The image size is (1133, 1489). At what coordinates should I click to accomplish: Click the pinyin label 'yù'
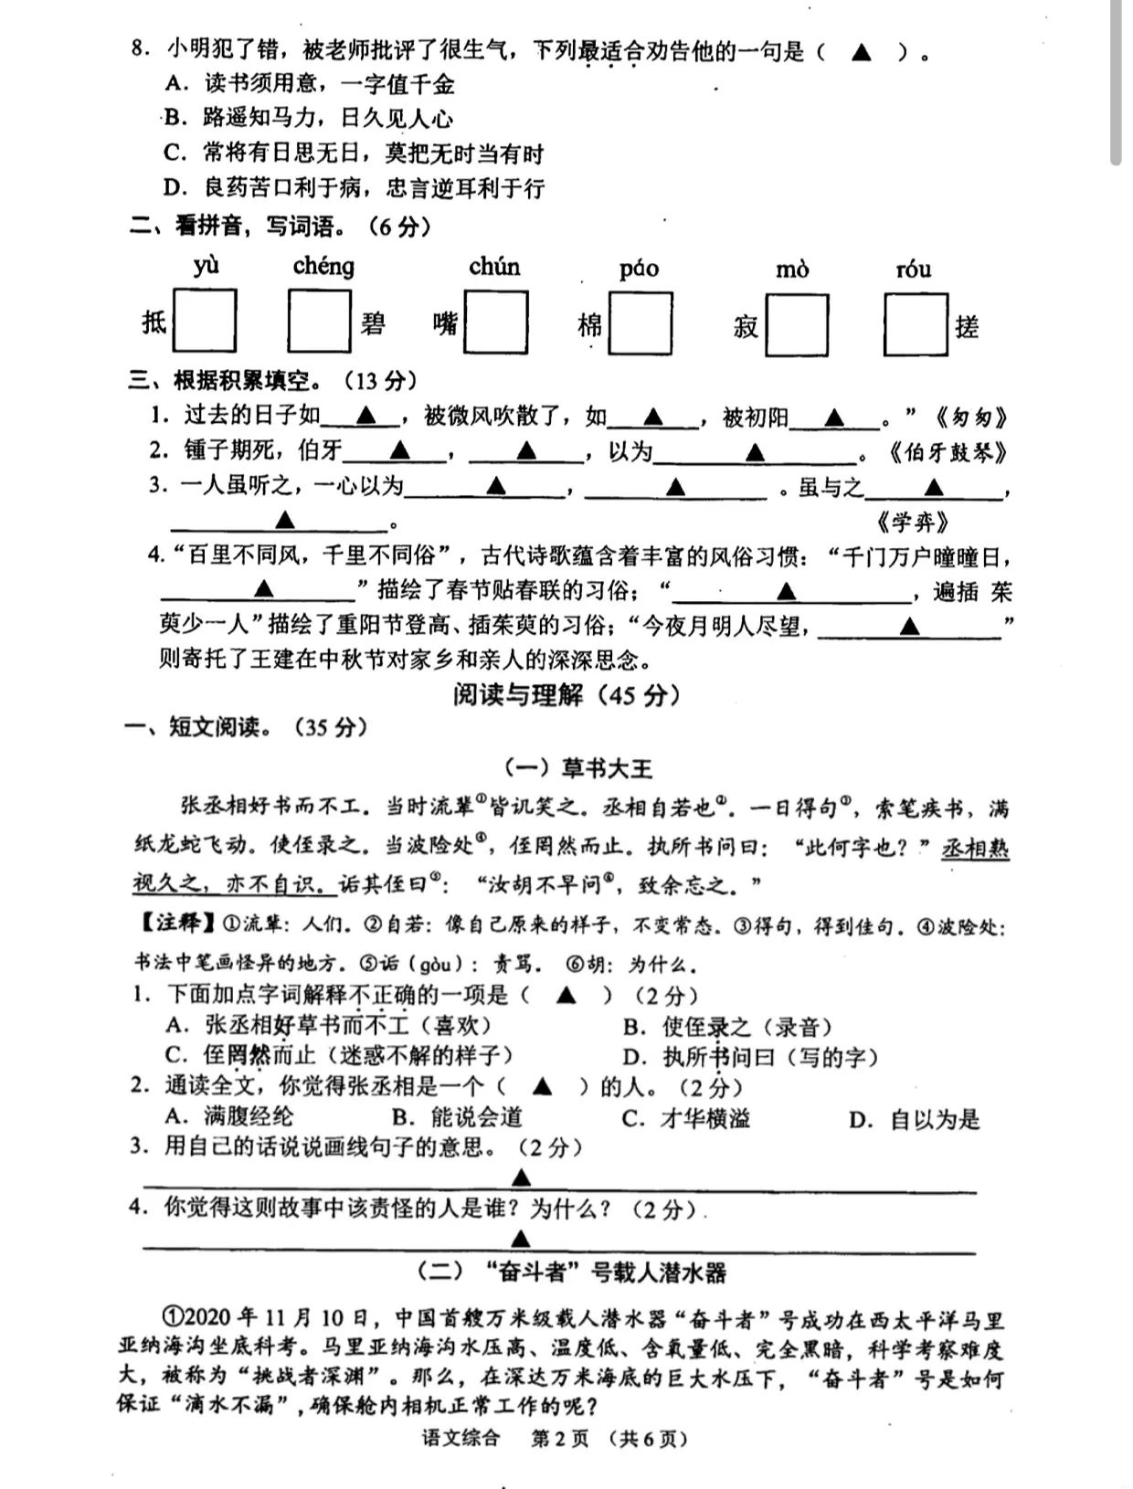click(206, 266)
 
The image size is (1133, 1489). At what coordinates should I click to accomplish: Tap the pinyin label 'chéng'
click(323, 267)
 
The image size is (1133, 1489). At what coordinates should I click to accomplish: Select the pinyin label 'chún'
click(494, 267)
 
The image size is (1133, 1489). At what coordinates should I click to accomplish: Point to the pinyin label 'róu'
click(914, 269)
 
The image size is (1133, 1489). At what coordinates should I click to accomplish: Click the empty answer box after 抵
click(205, 321)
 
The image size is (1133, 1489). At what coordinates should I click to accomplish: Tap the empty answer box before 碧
click(319, 321)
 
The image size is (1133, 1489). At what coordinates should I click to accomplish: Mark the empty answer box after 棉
click(641, 323)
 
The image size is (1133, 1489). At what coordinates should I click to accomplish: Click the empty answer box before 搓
click(916, 323)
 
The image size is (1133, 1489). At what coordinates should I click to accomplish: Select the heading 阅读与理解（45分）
click(566, 695)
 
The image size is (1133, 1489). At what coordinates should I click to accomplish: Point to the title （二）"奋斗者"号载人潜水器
click(572, 1273)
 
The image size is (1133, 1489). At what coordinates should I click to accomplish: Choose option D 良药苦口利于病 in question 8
click(354, 188)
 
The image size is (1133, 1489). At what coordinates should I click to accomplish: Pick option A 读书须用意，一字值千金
click(310, 85)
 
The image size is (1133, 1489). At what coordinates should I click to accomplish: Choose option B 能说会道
click(457, 1117)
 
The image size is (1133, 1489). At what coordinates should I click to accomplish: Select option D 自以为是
click(914, 1119)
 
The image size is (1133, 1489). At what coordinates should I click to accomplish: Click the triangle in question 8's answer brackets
click(861, 51)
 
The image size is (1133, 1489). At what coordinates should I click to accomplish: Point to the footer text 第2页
click(560, 1439)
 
